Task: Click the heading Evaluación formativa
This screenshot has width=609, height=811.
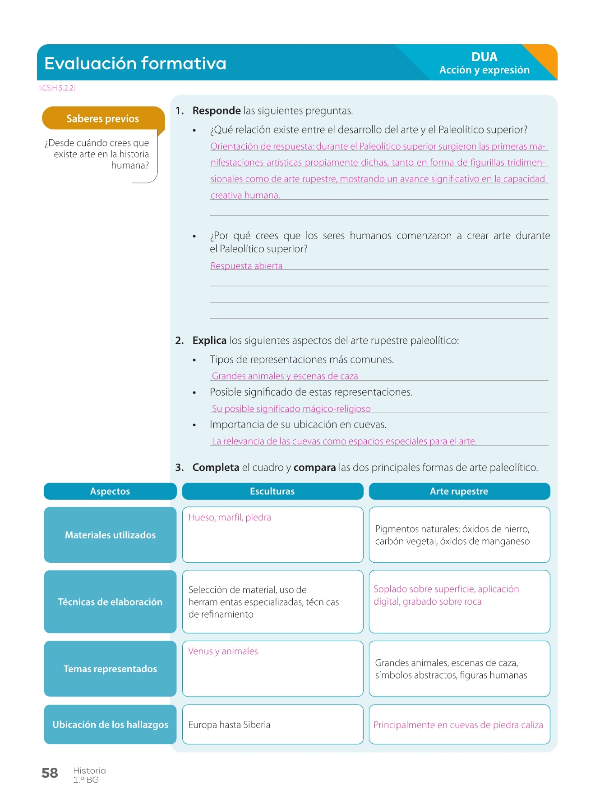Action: [135, 63]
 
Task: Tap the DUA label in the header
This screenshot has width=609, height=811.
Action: [484, 57]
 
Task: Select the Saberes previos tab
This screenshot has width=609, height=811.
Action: [103, 118]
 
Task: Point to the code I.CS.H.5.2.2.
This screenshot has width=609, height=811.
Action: [57, 88]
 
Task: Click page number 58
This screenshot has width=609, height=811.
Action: [50, 773]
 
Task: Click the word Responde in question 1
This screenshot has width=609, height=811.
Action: [217, 111]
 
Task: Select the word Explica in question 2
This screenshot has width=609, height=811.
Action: [209, 341]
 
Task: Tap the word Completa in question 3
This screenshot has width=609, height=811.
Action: [216, 468]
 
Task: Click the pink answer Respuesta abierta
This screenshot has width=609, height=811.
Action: [246, 266]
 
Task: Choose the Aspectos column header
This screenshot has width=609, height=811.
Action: [110, 492]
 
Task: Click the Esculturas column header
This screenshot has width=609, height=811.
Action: [272, 492]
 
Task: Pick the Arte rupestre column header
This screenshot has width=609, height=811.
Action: [459, 492]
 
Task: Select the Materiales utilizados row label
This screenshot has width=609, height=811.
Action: [110, 535]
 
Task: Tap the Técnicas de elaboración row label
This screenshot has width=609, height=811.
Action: [110, 602]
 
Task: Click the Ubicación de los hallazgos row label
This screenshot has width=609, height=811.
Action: [110, 724]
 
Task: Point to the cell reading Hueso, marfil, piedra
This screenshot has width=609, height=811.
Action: [230, 518]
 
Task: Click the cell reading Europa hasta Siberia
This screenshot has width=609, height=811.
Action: [230, 724]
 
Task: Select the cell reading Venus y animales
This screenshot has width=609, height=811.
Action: [223, 652]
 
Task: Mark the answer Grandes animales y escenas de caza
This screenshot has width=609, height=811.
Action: [285, 376]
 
